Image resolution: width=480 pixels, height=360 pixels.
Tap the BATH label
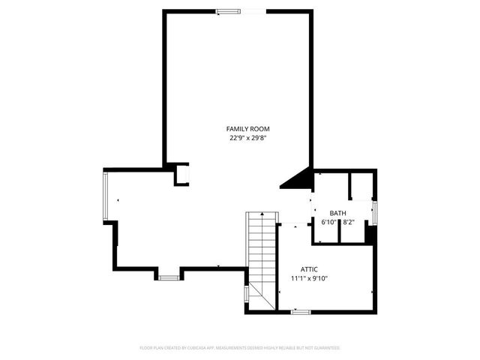tap(337, 214)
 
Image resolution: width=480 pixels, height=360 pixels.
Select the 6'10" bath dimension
tap(328, 223)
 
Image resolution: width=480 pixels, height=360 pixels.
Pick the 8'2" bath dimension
tap(349, 223)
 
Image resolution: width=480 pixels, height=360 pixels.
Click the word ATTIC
tap(310, 268)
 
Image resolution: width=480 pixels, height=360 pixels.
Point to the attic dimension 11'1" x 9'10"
tap(310, 278)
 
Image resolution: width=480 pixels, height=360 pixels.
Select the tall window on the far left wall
tap(106, 196)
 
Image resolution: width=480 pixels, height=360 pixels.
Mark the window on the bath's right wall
tap(375, 211)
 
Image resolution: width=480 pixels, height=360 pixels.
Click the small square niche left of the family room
tap(181, 174)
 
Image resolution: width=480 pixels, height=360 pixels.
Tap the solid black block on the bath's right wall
tap(370, 235)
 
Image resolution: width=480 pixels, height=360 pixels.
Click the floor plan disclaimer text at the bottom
tap(240, 348)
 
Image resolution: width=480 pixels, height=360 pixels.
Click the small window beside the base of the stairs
tap(246, 294)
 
